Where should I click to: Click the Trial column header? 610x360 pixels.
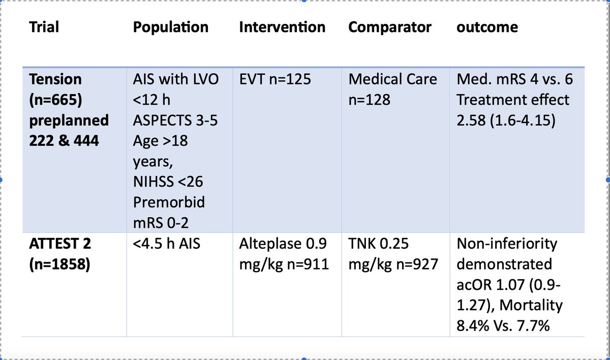[44, 27]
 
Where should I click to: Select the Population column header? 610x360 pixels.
[170, 27]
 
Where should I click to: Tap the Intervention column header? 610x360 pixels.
[282, 27]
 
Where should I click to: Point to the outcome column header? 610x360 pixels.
[487, 27]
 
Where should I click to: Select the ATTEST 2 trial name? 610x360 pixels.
[59, 244]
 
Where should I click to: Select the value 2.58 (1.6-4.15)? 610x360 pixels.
[505, 120]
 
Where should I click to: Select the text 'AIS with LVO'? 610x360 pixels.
[174, 79]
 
